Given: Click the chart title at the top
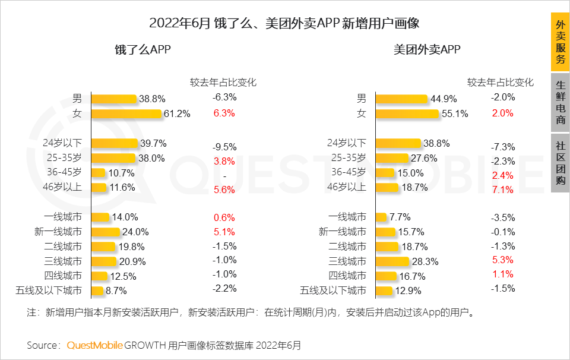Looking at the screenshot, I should [x=284, y=24].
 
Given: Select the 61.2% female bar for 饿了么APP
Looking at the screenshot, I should [x=126, y=113].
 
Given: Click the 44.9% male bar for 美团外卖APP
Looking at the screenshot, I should [x=402, y=99].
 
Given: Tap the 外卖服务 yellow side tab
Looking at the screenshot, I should [x=560, y=42].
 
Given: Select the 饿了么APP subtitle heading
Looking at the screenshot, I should [x=143, y=50].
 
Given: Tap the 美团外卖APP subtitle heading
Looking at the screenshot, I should [x=427, y=50].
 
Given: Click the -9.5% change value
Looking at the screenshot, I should [x=224, y=147].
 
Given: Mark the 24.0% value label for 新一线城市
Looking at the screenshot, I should [x=135, y=232].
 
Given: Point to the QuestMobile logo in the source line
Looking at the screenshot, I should [x=94, y=345].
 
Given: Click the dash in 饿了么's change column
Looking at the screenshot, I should [x=224, y=176].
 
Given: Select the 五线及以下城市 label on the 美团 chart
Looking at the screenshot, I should [x=333, y=290].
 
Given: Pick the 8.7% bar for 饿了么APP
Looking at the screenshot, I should [x=99, y=290].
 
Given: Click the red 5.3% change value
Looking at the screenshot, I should [x=502, y=260].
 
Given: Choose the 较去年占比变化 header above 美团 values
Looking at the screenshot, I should [x=501, y=83].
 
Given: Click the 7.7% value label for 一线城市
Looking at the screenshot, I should [x=400, y=217].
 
